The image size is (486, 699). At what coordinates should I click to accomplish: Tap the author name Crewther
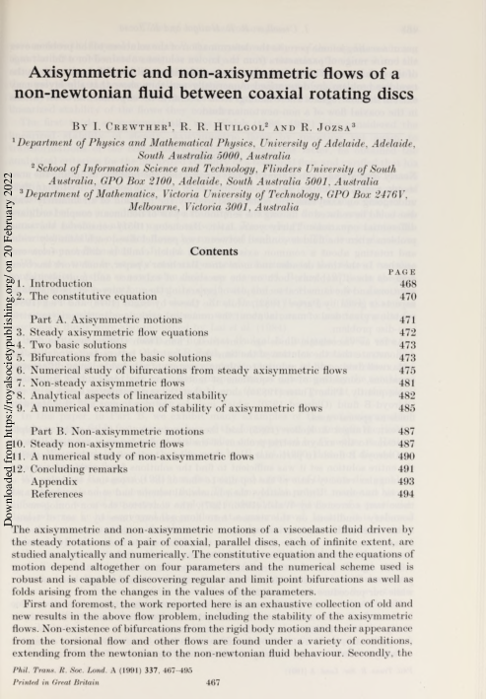click(166, 127)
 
